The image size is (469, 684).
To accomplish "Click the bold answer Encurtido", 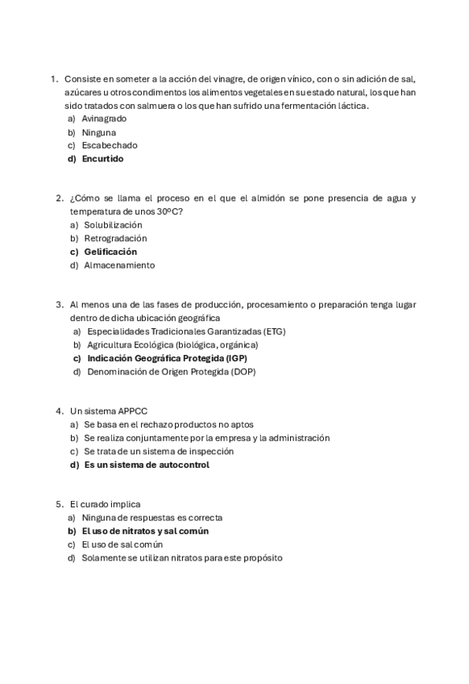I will coord(102,159).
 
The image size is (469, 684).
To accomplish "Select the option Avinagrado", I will coord(104,119).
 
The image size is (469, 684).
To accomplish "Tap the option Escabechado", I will coord(110,145).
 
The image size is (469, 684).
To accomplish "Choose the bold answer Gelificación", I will coord(110,252).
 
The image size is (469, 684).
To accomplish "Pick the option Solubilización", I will coord(113,225).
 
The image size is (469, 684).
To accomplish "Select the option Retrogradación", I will coord(115,238).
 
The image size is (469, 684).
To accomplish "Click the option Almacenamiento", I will coord(119,265).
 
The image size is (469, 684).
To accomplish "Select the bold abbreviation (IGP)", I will coord(235,358).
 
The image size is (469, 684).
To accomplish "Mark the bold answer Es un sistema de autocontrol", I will coord(147,465).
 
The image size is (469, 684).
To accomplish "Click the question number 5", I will coord(60,504).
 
